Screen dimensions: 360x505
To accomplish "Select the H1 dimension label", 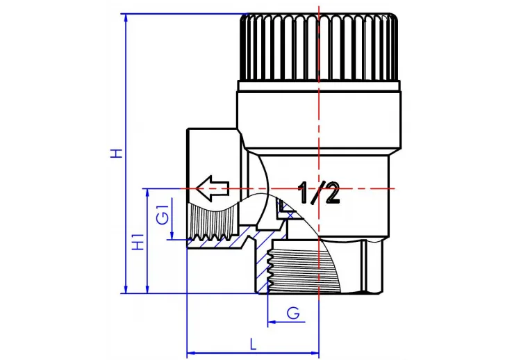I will click(x=138, y=242).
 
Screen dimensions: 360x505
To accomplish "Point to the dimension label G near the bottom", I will click(x=294, y=313).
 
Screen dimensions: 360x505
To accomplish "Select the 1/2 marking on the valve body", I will click(x=320, y=193).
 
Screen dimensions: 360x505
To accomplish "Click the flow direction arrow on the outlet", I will click(x=211, y=187).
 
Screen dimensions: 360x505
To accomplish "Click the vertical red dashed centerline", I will click(x=319, y=139).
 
